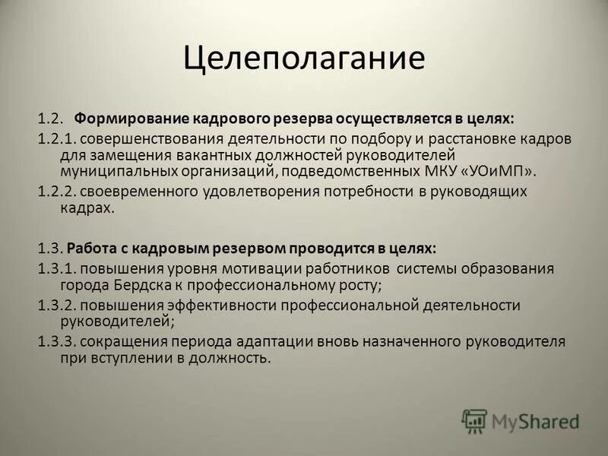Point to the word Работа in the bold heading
tap(92, 249)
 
